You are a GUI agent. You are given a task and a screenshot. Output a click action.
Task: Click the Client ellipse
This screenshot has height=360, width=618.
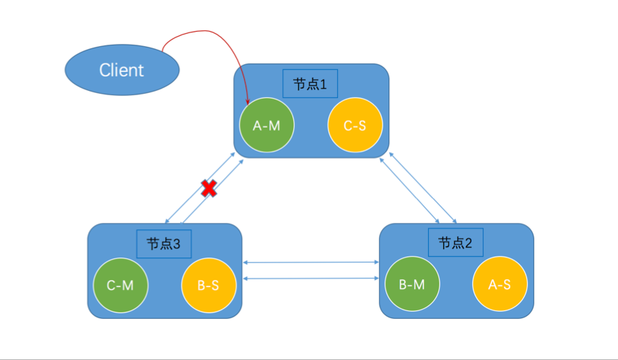coord(121,70)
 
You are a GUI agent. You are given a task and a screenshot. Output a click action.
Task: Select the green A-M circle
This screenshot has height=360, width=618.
coord(266,126)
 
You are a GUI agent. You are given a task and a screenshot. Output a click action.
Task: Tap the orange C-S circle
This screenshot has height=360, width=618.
coord(354,126)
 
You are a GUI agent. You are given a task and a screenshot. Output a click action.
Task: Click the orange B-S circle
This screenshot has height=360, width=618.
coord(208,285)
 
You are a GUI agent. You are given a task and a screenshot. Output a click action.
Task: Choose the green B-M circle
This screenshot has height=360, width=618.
coord(412,284)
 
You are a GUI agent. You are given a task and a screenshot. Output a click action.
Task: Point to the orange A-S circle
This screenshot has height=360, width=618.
coord(500,284)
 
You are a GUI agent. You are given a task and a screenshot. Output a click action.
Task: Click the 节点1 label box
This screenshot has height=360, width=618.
coord(310,84)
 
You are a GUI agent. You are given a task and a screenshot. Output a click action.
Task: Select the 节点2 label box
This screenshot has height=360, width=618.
coord(455,242)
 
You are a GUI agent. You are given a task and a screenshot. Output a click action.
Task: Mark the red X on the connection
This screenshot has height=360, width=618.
coord(209,189)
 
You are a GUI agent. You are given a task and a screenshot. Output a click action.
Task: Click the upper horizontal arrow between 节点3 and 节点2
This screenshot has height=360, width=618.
coord(311,263)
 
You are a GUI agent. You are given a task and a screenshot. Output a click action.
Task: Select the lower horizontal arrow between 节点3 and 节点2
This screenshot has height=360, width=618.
coord(311,278)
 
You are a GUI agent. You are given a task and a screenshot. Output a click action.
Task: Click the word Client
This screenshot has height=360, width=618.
coord(121,70)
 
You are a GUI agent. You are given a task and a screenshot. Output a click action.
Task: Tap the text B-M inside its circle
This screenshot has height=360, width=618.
coord(412,284)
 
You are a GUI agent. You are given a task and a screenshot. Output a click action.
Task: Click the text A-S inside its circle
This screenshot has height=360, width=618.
coord(500,284)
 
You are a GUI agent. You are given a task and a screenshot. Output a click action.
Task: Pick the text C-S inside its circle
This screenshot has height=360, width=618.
coord(354,126)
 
